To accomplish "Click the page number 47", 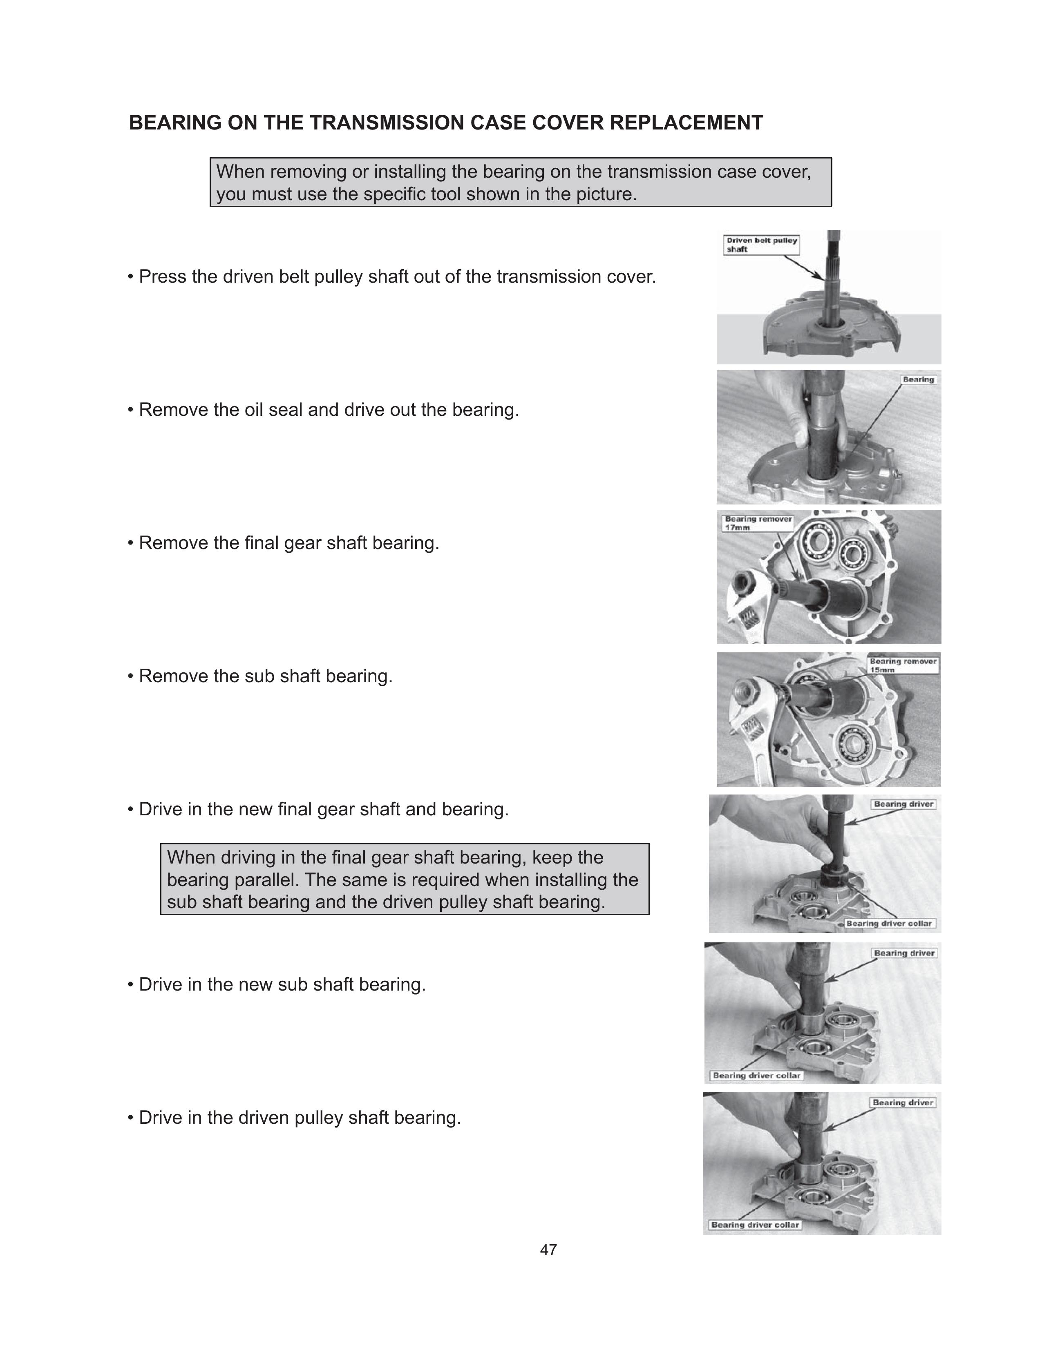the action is pyautogui.click(x=548, y=1250).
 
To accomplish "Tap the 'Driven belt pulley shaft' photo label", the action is pyautogui.click(x=762, y=245).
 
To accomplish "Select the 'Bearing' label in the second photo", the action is pyautogui.click(x=918, y=379).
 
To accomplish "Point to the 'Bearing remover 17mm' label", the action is pyautogui.click(x=758, y=523).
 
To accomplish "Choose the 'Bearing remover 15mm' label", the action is pyautogui.click(x=903, y=665).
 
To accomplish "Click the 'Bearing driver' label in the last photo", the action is pyautogui.click(x=903, y=1103).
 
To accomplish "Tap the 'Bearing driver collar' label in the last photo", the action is pyautogui.click(x=755, y=1225).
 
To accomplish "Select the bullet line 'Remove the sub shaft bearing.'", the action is pyautogui.click(x=260, y=676).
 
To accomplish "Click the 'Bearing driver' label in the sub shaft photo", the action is pyautogui.click(x=904, y=953).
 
